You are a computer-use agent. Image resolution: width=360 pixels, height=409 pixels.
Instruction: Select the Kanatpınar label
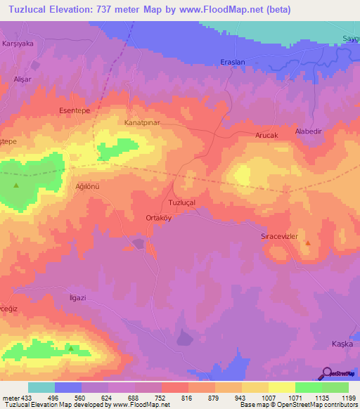(143, 122)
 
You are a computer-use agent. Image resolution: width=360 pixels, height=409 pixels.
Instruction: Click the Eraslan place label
(233, 62)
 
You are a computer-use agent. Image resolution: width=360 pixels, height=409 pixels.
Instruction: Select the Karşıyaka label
(19, 43)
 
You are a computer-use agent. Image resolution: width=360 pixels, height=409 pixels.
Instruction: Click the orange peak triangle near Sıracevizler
(307, 243)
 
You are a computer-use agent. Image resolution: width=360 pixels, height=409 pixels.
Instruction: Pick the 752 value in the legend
(161, 398)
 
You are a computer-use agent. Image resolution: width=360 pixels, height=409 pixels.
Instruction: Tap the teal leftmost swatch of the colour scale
(41, 387)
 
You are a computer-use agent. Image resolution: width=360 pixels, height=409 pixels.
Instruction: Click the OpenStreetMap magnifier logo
(327, 374)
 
